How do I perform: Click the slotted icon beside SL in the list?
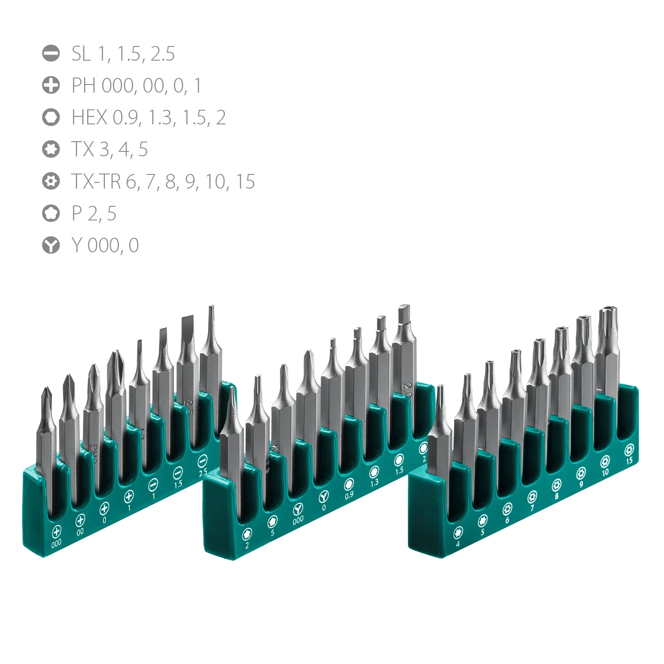[51, 53]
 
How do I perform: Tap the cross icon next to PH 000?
[51, 85]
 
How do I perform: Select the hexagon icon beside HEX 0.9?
[51, 117]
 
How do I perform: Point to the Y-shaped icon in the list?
[51, 245]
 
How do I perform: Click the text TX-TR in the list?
[96, 181]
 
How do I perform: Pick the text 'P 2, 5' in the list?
[94, 213]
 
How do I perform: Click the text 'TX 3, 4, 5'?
[109, 150]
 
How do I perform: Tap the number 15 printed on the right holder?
[629, 461]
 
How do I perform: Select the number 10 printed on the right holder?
[605, 472]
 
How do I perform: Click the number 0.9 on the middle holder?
[349, 495]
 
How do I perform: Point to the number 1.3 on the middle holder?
[374, 483]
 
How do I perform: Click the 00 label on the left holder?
[80, 532]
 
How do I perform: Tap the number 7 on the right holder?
[532, 508]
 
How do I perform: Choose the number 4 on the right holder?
[458, 544]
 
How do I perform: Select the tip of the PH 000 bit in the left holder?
[46, 390]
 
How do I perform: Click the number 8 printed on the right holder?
[557, 497]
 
